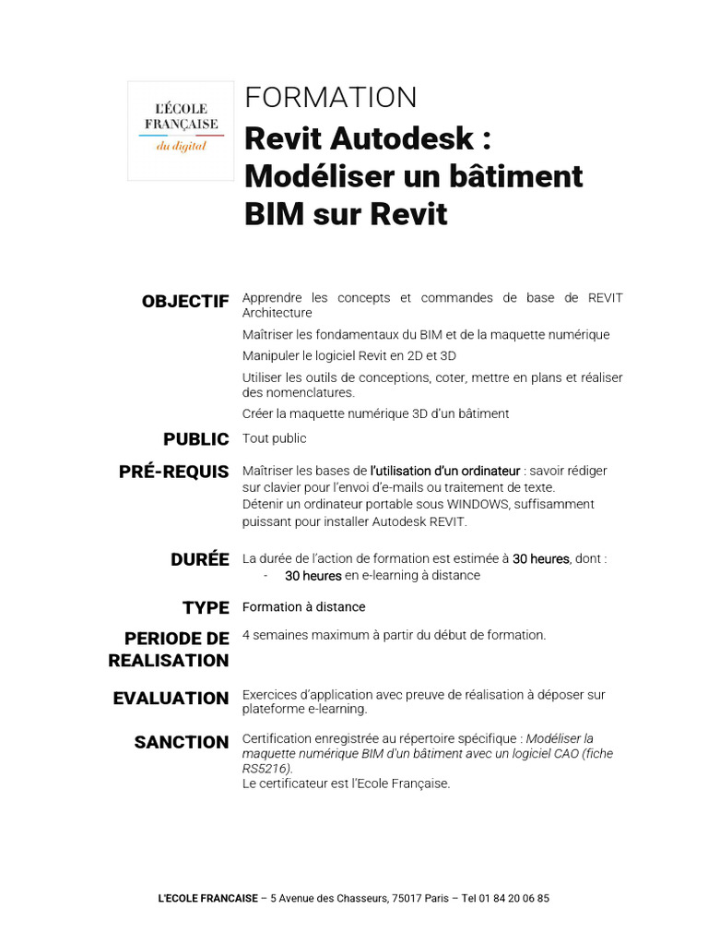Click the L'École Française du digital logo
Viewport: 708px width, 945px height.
181,130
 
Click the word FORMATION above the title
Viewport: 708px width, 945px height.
330,98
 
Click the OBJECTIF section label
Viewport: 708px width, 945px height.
185,302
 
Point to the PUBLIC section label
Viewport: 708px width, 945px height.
196,439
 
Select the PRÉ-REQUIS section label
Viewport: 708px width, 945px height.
173,472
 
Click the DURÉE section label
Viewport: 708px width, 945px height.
199,559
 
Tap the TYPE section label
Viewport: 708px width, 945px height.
206,608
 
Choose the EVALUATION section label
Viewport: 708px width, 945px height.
171,699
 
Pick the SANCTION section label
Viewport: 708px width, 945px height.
182,742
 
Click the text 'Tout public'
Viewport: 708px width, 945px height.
274,438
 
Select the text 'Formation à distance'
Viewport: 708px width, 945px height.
303,607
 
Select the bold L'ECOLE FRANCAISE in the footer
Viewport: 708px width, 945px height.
207,898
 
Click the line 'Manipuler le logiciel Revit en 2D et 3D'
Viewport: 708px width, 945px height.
348,355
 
